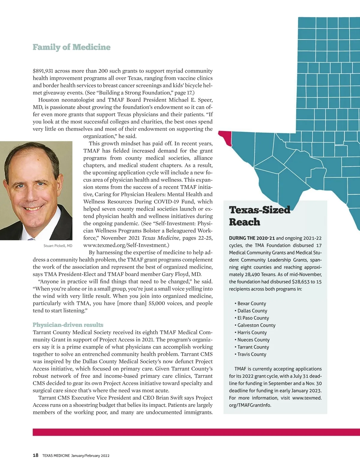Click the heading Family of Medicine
(71, 47)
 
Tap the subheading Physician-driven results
(68, 325)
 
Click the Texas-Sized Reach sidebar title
(259, 216)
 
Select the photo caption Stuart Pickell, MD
(58, 246)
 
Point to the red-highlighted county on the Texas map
(226, 138)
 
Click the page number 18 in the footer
(35, 455)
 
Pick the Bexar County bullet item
(251, 304)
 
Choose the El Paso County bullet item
(253, 318)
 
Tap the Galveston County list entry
(256, 325)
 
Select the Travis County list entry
(252, 354)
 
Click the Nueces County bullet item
(253, 340)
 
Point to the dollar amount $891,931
(43, 71)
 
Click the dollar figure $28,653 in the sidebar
(301, 282)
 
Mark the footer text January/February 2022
(90, 456)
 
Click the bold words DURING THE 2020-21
(252, 238)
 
